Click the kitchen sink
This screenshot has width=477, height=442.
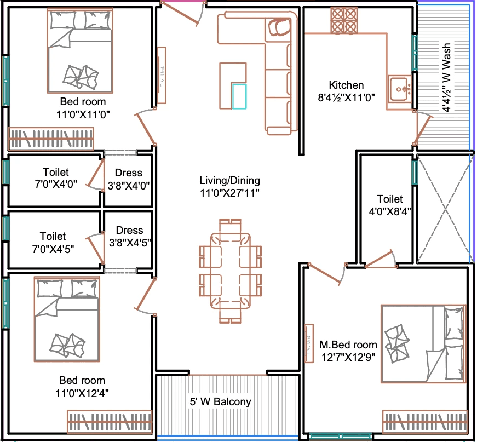(400, 89)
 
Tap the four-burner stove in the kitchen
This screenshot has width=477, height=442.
(344, 20)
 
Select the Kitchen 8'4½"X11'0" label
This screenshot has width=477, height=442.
(346, 91)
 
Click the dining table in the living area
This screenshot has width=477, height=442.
(231, 271)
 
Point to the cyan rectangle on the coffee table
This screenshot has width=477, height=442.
(239, 96)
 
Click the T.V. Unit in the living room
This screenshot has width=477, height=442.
(162, 76)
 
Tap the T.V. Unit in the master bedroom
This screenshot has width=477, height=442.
(309, 344)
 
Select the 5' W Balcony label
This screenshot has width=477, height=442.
(220, 401)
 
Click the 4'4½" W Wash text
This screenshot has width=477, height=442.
(446, 78)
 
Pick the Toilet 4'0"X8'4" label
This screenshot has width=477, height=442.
(390, 205)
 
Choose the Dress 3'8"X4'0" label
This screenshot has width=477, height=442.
(129, 179)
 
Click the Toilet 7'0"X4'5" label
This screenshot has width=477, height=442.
(53, 243)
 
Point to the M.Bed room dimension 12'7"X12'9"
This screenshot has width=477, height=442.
(348, 357)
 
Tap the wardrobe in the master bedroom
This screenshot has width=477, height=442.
(426, 422)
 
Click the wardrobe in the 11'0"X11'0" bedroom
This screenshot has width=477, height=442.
(51, 139)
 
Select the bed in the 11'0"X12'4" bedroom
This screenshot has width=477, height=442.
(67, 319)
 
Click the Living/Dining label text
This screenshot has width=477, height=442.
(229, 180)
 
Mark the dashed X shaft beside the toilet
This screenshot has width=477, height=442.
(445, 209)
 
